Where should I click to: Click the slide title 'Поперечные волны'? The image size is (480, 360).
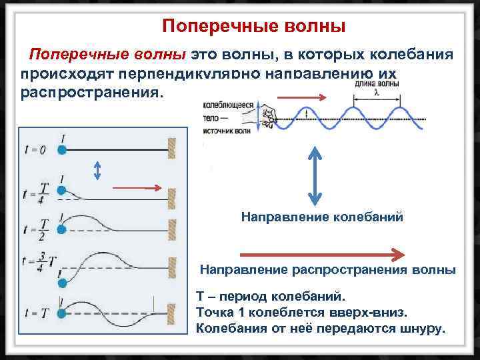click(254, 27)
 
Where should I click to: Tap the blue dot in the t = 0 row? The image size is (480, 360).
click(62, 150)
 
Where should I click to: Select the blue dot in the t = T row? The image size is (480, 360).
click(62, 312)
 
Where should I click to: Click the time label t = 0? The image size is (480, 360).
click(34, 150)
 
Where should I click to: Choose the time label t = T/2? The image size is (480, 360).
click(35, 229)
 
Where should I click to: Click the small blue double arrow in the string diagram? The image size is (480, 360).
click(98, 171)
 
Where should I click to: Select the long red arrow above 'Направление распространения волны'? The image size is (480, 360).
click(321, 254)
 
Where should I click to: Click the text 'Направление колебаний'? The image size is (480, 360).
click(322, 217)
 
